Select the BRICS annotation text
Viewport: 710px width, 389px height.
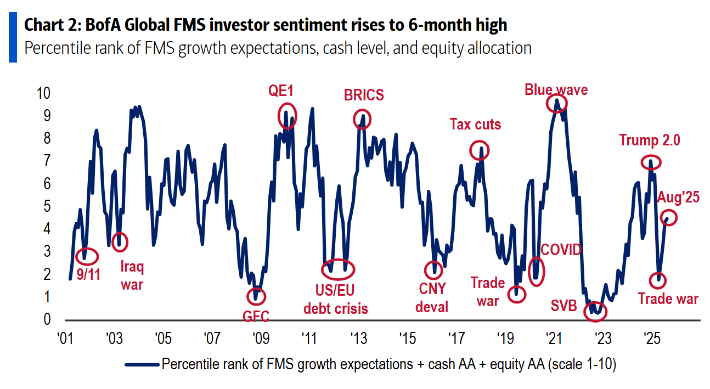pyautogui.click(x=363, y=95)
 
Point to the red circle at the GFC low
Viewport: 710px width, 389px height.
pyautogui.click(x=256, y=296)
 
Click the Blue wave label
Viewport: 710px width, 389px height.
pyautogui.click(x=556, y=89)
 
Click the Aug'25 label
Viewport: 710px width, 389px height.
pyautogui.click(x=678, y=198)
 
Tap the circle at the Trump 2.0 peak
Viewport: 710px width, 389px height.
pyautogui.click(x=651, y=162)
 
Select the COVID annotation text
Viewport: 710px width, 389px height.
pyautogui.click(x=561, y=250)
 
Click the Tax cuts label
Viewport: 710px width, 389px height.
pyautogui.click(x=475, y=125)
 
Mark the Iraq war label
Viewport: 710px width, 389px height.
pyautogui.click(x=132, y=275)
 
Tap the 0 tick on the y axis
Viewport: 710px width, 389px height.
pyautogui.click(x=47, y=319)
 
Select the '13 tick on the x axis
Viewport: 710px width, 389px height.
pyautogui.click(x=358, y=336)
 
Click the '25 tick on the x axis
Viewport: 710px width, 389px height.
pyautogui.click(x=650, y=336)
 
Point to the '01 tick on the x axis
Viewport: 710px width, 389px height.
pyautogui.click(x=66, y=336)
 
